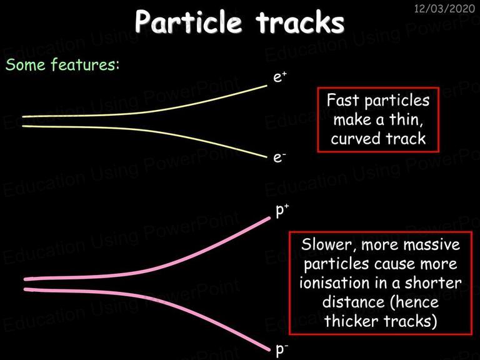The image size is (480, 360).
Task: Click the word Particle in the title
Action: [x=188, y=22]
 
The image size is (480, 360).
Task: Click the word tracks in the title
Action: [x=300, y=22]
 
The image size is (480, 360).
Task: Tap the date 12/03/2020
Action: [x=444, y=9]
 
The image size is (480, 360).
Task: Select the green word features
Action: [x=85, y=64]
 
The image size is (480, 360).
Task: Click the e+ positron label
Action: [x=279, y=76]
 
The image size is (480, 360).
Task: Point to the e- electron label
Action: [x=279, y=157]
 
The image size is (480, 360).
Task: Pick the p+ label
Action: [x=282, y=211]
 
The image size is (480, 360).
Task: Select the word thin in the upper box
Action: [x=406, y=119]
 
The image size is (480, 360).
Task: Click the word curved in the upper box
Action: [x=356, y=139]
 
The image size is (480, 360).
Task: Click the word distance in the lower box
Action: [x=353, y=302]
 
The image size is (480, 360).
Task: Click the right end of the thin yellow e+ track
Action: [x=267, y=86]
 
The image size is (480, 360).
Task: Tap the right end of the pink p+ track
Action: [x=269, y=218]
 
